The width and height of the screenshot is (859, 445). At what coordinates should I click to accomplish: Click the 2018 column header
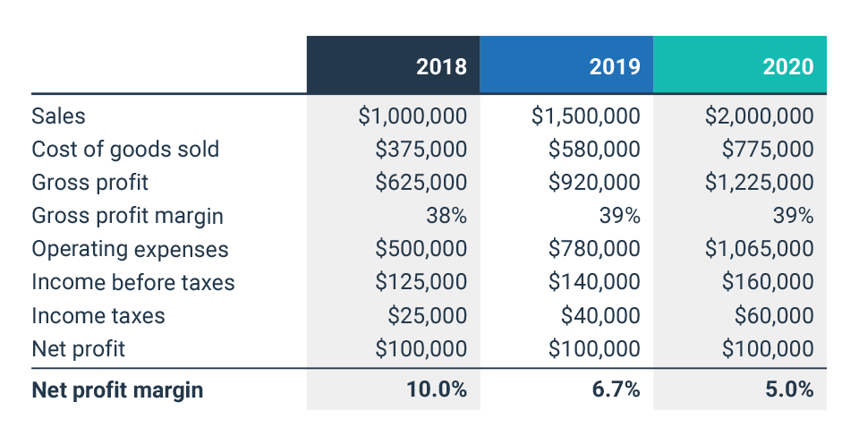(x=441, y=66)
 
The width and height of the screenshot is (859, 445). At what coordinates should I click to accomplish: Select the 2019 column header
(x=615, y=66)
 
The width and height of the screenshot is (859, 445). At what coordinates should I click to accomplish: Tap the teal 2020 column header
(x=787, y=66)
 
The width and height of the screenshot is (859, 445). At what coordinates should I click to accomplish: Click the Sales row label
(x=58, y=116)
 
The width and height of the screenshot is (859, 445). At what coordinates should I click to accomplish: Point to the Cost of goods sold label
(x=125, y=149)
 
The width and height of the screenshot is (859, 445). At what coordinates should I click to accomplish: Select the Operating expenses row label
(x=130, y=249)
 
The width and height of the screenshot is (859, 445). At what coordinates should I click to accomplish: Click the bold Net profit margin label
(x=117, y=390)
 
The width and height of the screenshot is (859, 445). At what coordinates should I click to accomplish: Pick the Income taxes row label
(x=98, y=315)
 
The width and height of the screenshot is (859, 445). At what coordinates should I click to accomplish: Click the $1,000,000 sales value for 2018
(x=412, y=116)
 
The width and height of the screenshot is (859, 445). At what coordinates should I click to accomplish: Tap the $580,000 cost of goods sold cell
(x=594, y=149)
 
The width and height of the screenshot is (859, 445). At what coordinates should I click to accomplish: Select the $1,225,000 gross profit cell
(x=759, y=183)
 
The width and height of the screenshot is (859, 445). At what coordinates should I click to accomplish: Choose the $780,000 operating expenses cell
(x=594, y=249)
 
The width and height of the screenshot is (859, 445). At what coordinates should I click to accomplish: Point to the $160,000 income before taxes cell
(x=768, y=282)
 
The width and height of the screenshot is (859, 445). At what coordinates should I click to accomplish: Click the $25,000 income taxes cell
(x=427, y=315)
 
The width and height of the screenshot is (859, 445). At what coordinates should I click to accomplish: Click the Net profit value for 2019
(x=594, y=348)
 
